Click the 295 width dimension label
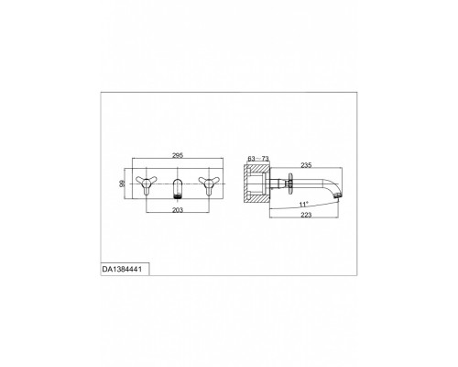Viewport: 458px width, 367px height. click(x=178, y=155)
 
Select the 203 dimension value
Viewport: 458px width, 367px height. click(x=178, y=210)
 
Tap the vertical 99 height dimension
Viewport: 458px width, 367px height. click(x=122, y=183)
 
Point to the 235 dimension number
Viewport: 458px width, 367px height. click(x=306, y=165)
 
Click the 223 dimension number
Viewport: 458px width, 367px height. click(x=306, y=215)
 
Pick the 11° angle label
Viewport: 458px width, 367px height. click(x=304, y=204)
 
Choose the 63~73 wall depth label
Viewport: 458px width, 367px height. click(x=258, y=159)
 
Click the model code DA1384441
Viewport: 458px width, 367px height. click(x=122, y=270)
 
